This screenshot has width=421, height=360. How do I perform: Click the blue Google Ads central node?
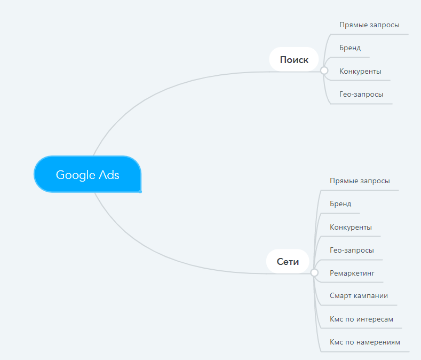(88, 174)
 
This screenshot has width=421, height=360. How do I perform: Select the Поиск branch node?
(294, 59)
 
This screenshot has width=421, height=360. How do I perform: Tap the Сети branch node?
(288, 261)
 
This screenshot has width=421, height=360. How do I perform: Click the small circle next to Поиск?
(324, 71)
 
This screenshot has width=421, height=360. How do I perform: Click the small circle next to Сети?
(314, 272)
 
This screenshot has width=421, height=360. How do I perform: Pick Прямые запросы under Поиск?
(369, 25)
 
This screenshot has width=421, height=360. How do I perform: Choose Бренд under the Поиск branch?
(350, 48)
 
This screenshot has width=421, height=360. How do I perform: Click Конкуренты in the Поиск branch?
(360, 71)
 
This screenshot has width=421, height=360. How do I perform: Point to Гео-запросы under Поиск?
(361, 95)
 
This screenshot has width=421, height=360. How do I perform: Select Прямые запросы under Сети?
(360, 181)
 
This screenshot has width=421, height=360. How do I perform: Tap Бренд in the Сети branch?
(340, 204)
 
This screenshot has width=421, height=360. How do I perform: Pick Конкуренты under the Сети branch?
(351, 227)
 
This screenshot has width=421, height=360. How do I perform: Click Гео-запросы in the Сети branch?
(352, 251)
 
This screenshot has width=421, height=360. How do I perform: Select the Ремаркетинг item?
(352, 273)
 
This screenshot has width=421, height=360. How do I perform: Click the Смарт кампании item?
(359, 296)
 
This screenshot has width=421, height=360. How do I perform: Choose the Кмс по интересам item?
(361, 319)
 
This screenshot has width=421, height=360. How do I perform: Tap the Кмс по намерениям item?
(365, 342)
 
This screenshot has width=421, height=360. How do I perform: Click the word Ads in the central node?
(109, 175)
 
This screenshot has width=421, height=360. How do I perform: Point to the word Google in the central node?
(75, 175)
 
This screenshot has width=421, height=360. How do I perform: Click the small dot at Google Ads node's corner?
(140, 191)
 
